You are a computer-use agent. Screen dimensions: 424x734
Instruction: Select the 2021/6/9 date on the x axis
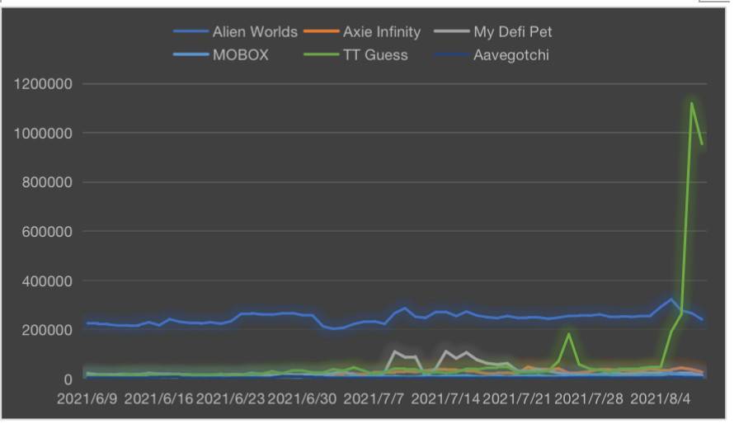tap(88, 399)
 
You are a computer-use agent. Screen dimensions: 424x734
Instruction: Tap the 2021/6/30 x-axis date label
tap(303, 399)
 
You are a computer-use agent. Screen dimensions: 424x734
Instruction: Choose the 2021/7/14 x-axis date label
tap(445, 399)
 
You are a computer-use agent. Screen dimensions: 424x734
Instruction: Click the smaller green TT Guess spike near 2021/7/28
tap(568, 334)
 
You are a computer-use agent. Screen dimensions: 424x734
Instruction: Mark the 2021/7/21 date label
tap(517, 399)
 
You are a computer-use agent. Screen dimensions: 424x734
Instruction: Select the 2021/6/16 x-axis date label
tap(159, 399)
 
